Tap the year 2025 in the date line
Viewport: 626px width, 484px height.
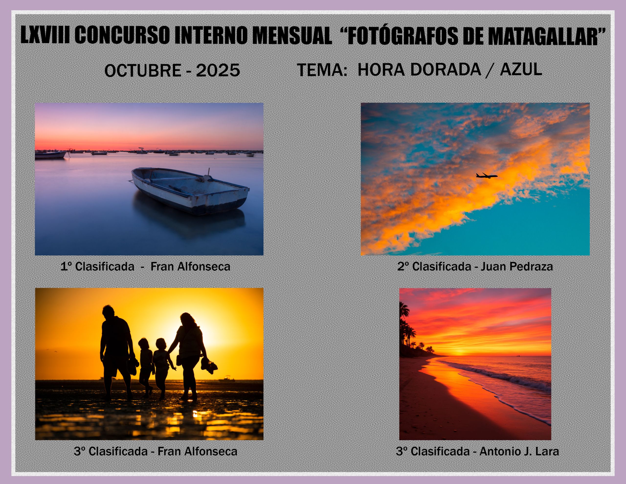218,70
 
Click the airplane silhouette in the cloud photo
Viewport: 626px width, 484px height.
487,176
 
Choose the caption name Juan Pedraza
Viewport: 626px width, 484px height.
516,266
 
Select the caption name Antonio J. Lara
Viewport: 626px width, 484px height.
519,451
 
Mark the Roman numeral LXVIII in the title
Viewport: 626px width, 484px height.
45,35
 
